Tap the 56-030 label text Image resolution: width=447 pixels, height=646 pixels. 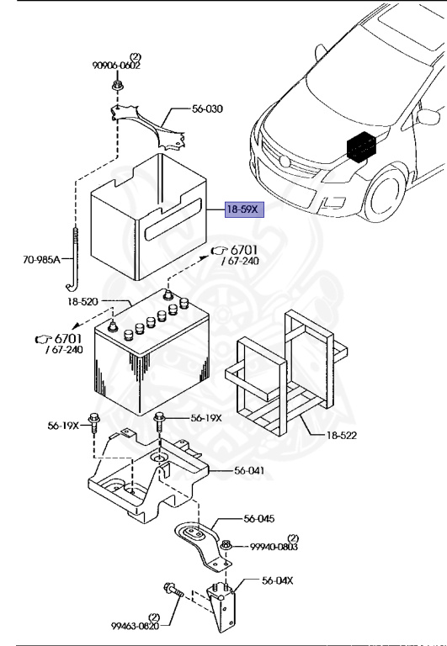click(x=207, y=109)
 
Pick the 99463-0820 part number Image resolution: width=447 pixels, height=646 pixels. click(x=134, y=625)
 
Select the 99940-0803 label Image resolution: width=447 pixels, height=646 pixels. click(x=274, y=547)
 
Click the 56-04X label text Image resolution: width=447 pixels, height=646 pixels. click(x=279, y=580)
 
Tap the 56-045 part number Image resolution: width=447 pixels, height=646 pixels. click(x=258, y=519)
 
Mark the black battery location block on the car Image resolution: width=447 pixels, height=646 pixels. click(x=363, y=148)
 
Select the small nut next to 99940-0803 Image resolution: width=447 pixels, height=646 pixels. click(x=226, y=548)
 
